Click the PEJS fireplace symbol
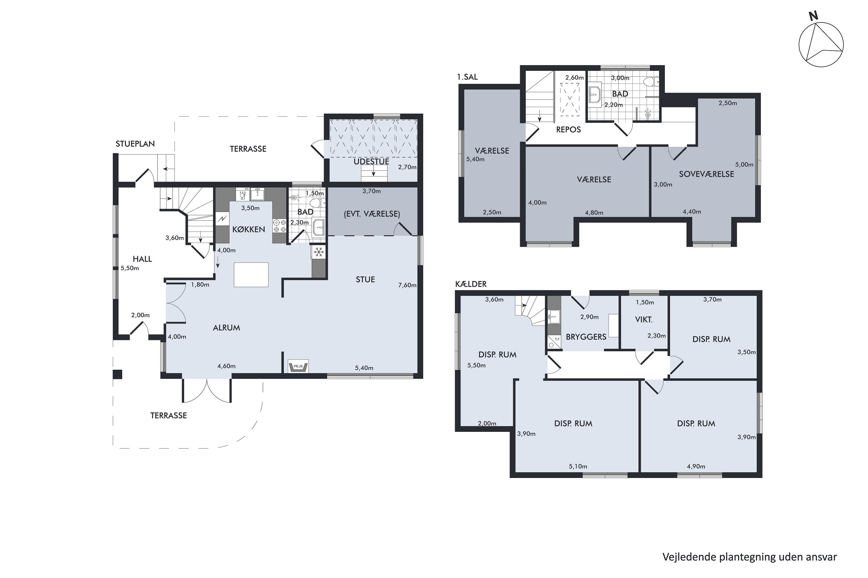[x=298, y=366]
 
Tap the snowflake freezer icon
[x=319, y=252]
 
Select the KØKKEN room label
[x=248, y=229]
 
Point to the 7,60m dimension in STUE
[x=407, y=285]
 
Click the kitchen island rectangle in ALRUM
[x=251, y=275]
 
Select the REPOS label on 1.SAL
[x=568, y=130]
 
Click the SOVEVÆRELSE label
[x=706, y=174]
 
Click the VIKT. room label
[x=643, y=320]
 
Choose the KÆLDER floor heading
[x=471, y=284]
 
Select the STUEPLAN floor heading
[x=135, y=144]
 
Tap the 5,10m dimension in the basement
[x=578, y=466]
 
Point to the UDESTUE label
[x=371, y=162]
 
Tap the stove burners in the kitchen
[x=279, y=226]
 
